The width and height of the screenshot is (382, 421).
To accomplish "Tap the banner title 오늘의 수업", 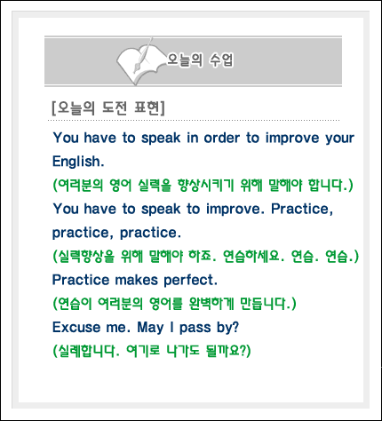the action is [x=200, y=60].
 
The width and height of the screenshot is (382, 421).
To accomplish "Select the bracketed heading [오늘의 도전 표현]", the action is [x=108, y=107].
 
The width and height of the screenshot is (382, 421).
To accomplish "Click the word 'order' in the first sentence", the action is [x=222, y=138].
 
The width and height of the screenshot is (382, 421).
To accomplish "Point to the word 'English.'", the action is [x=78, y=162].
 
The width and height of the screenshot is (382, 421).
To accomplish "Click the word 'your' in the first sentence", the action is [x=339, y=139].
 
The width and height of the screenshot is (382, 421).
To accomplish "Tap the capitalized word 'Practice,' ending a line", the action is [x=302, y=210].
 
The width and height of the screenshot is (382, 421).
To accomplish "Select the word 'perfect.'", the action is [x=190, y=280].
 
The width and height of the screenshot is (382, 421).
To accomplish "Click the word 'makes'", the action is [x=137, y=280].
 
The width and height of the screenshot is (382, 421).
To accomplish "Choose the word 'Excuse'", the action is [x=76, y=328].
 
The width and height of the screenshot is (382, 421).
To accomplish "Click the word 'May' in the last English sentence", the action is [x=150, y=328].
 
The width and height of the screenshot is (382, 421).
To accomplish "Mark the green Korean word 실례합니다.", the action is [x=86, y=351].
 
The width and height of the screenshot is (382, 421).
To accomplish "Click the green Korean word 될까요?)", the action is [x=228, y=351].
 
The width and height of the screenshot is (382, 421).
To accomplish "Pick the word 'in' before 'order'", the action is [x=193, y=138].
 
